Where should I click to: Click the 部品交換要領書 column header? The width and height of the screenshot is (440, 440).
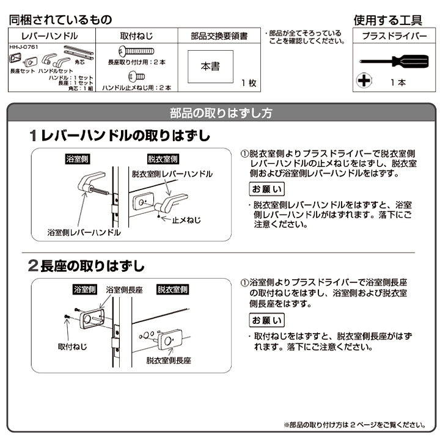click(219, 36)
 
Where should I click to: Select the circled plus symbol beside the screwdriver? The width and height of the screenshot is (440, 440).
click(364, 81)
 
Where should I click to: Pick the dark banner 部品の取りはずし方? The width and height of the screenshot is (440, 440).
click(221, 113)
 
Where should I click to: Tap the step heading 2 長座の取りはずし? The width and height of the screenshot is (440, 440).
click(87, 266)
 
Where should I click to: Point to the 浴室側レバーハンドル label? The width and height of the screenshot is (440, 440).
click(84, 233)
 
